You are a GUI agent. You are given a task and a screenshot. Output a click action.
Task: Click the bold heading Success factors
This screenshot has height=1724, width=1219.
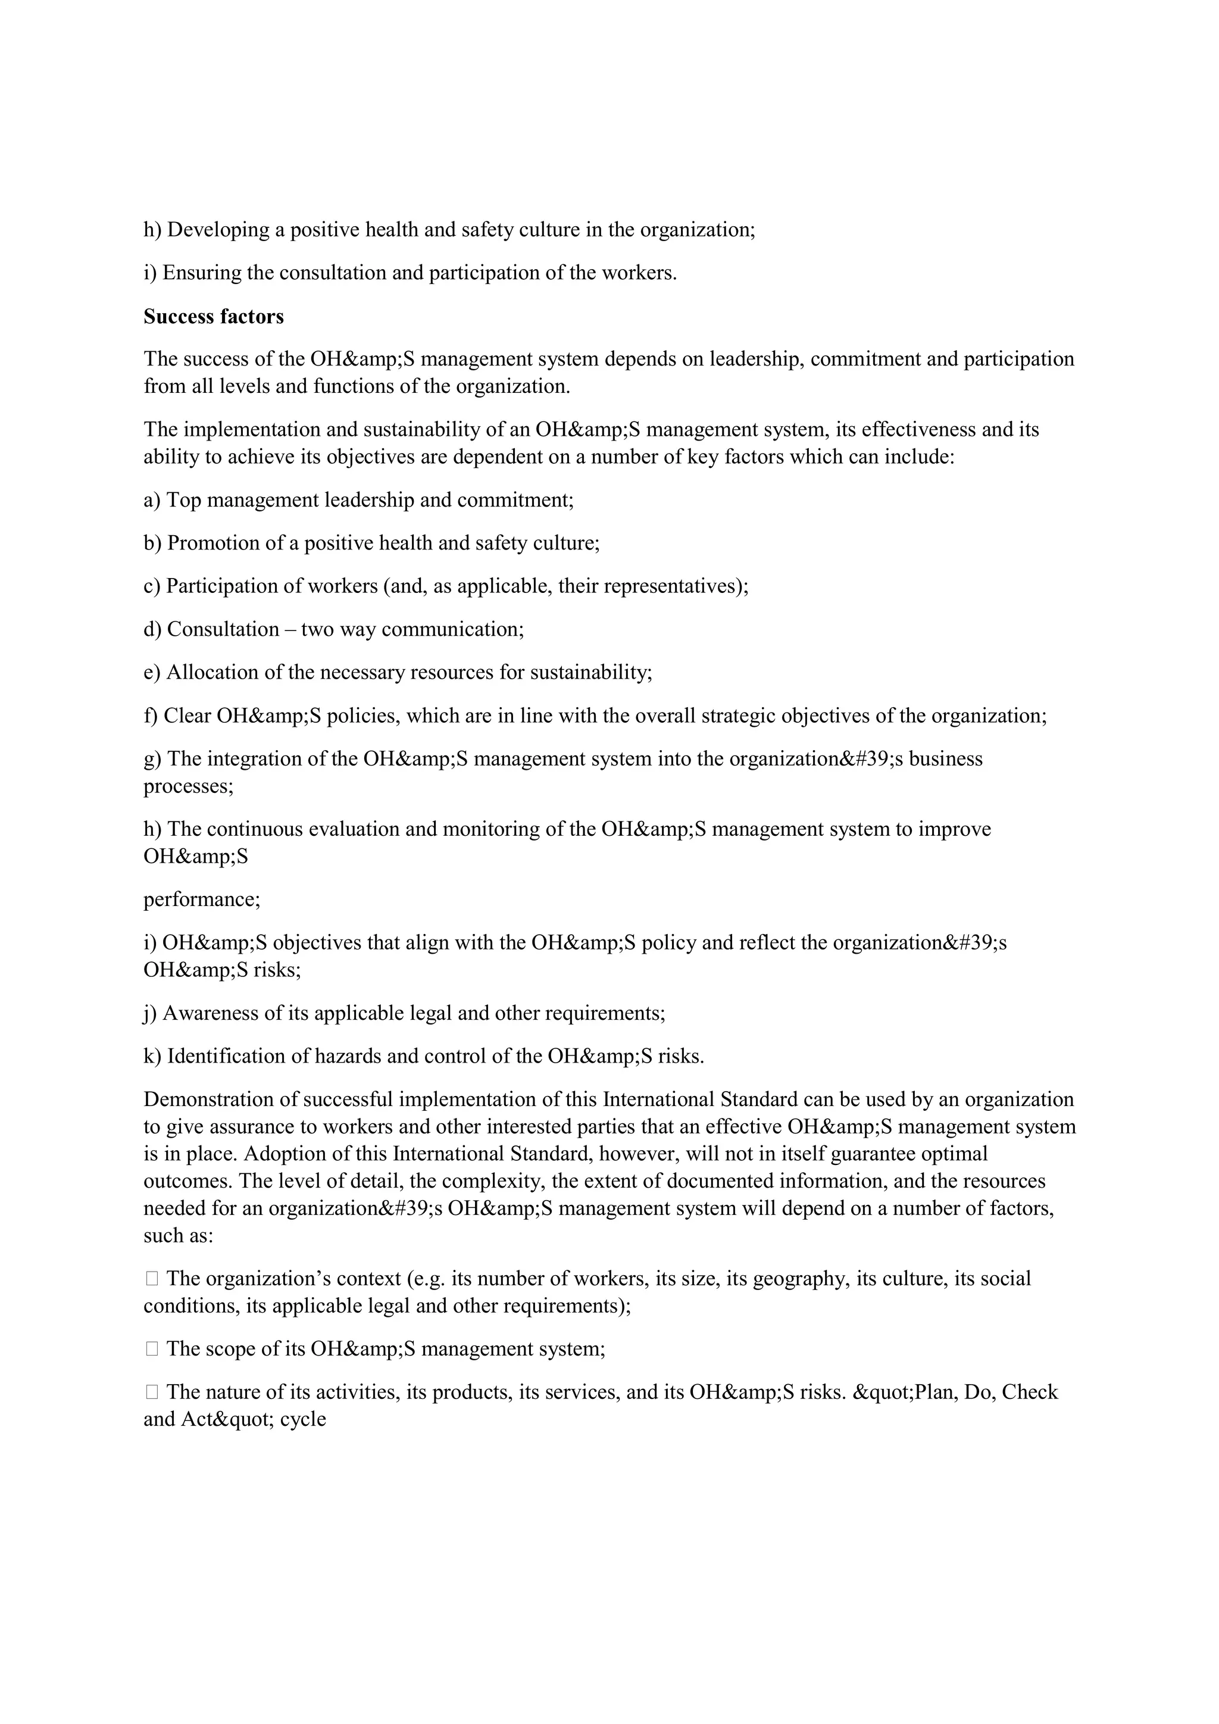tap(213, 317)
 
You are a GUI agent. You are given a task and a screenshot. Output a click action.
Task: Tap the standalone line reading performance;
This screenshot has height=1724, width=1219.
tap(202, 900)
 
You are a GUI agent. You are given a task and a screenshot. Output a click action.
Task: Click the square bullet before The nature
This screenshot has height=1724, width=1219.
tap(152, 1392)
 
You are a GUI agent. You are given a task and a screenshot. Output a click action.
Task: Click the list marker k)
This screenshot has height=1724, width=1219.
tap(152, 1057)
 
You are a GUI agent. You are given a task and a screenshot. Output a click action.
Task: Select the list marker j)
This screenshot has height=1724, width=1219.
tap(150, 1014)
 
